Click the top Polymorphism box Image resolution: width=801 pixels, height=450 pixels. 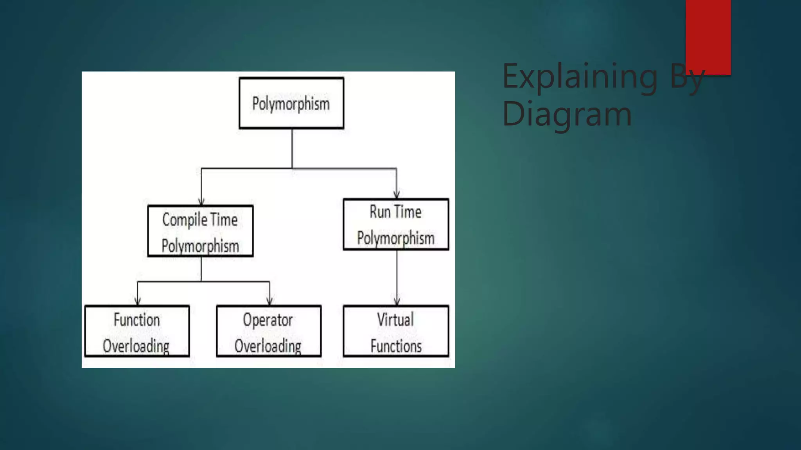point(291,103)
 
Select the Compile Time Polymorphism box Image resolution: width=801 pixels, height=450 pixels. point(200,231)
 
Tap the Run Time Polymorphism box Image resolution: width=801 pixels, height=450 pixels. point(396,225)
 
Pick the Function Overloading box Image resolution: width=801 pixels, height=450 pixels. point(137,331)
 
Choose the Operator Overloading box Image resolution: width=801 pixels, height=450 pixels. point(269,331)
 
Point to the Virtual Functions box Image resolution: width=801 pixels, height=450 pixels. point(396,331)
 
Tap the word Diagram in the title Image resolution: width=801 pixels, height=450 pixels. point(567,114)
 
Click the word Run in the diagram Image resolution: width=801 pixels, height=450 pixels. point(380,212)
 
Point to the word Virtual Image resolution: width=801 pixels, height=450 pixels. point(395,320)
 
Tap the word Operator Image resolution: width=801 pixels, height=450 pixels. point(268,320)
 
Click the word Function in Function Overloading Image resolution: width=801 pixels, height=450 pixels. point(137,320)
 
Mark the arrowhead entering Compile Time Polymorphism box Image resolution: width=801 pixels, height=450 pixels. point(201,202)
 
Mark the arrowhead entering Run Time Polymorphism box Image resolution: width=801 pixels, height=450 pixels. point(397,195)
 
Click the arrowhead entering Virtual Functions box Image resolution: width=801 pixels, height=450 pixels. point(397,302)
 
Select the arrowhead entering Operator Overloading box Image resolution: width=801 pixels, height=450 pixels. point(269,301)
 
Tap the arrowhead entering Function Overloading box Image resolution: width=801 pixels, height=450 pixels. point(138,301)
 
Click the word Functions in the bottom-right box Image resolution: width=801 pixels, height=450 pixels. point(396,346)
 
